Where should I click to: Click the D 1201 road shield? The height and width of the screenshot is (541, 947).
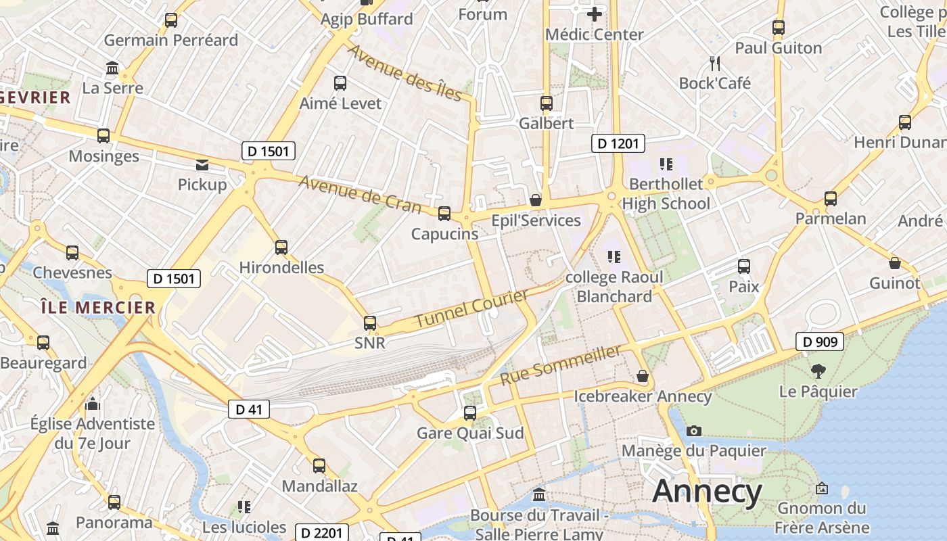click(618, 143)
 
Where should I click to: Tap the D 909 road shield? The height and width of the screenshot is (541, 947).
click(820, 342)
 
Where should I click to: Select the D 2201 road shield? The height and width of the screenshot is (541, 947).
click(322, 533)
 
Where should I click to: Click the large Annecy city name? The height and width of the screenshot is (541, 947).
click(707, 492)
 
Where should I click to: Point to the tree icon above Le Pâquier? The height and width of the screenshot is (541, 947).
click(818, 371)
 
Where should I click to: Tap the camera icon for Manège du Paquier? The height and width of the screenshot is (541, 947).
click(693, 431)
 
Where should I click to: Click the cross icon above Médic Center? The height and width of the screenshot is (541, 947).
click(594, 14)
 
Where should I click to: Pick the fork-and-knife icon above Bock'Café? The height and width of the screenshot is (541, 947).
click(715, 64)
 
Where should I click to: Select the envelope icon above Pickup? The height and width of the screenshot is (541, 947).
click(202, 164)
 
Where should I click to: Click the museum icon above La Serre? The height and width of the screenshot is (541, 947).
click(112, 68)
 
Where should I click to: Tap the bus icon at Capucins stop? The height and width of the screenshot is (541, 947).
click(444, 214)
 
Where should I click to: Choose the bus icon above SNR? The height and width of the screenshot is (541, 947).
click(370, 323)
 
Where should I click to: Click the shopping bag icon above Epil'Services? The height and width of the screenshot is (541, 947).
click(536, 200)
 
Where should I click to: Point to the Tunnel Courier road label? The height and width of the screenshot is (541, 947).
click(471, 309)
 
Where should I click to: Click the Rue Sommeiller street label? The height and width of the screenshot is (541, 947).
click(560, 366)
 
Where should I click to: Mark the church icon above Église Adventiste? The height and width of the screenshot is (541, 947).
click(93, 404)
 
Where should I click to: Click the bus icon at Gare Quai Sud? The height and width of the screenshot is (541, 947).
click(470, 413)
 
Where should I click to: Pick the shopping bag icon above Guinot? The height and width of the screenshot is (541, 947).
click(894, 263)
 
